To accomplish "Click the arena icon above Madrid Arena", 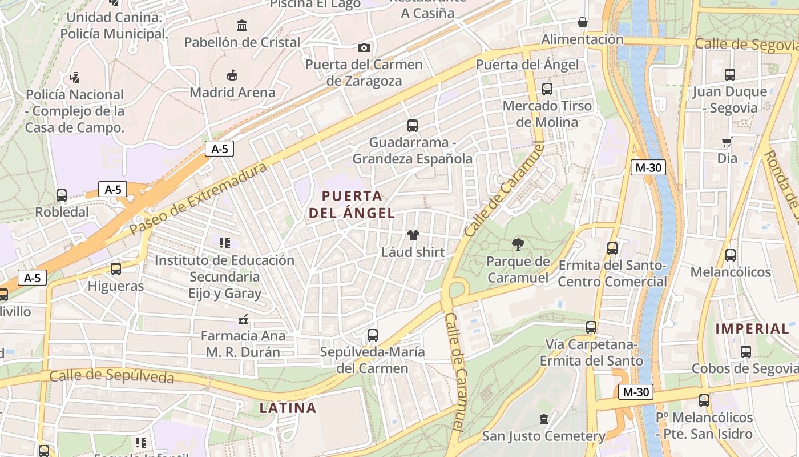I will pyautogui.click(x=232, y=75).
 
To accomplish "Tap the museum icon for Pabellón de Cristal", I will pyautogui.click(x=242, y=26).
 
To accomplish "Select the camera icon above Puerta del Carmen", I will pyautogui.click(x=364, y=47).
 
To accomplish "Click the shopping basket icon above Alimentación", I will pyautogui.click(x=582, y=23).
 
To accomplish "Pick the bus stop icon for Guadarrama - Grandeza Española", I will pyautogui.click(x=412, y=126).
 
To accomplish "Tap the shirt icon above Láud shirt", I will pyautogui.click(x=413, y=235).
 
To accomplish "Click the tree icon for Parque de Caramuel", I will pyautogui.click(x=518, y=245).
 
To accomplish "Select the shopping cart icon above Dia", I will pyautogui.click(x=727, y=142).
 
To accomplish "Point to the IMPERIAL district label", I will pyautogui.click(x=752, y=328).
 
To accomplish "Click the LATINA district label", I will pyautogui.click(x=288, y=408).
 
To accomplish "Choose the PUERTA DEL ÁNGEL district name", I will pyautogui.click(x=352, y=205).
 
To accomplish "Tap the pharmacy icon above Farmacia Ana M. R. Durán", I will pyautogui.click(x=243, y=319).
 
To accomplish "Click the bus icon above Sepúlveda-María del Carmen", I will pyautogui.click(x=373, y=335).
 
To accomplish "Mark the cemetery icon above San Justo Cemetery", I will pyautogui.click(x=544, y=420).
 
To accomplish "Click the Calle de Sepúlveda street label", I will pyautogui.click(x=111, y=376).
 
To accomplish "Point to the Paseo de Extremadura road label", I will pyautogui.click(x=198, y=199).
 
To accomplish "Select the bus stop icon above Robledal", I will pyautogui.click(x=62, y=195).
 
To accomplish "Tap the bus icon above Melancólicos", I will pyautogui.click(x=730, y=255).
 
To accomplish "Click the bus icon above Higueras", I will pyautogui.click(x=116, y=269).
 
